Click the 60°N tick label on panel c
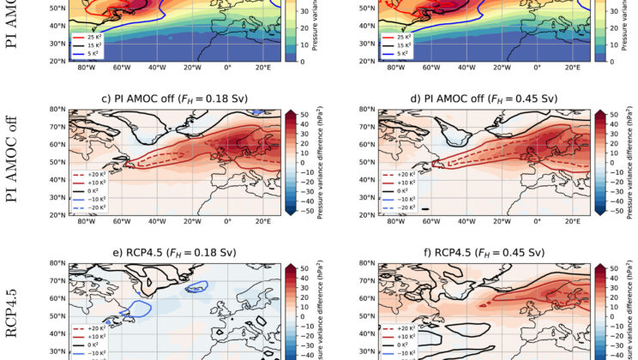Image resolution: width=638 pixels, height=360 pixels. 56,145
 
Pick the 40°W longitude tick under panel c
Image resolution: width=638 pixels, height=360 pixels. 157,222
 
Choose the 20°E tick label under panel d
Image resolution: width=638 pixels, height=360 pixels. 573,222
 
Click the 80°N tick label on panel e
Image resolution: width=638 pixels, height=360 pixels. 56,263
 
